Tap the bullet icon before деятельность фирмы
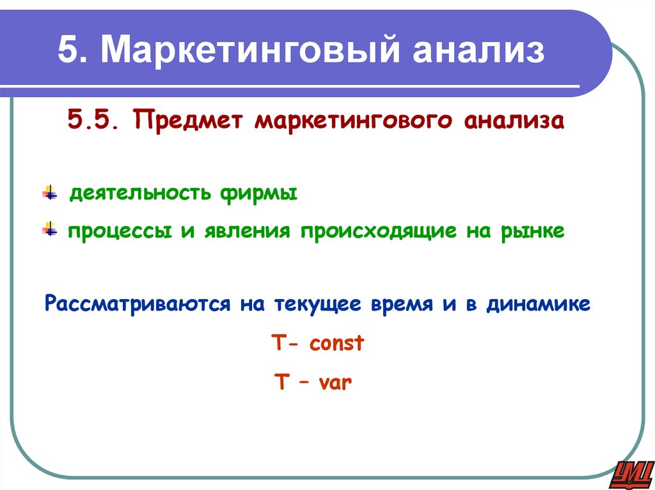point(50,193)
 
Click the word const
point(336,344)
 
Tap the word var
point(332,383)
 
